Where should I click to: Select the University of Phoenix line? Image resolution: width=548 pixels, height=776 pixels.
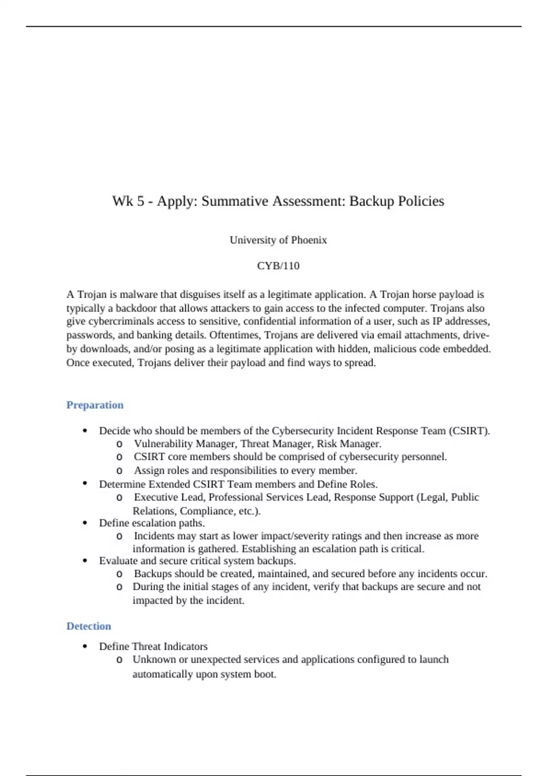point(278,240)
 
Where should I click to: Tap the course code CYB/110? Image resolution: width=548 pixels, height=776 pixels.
point(278,266)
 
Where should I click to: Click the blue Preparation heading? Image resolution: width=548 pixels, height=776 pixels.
point(95,405)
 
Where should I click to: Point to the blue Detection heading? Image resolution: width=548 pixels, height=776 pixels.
point(89,626)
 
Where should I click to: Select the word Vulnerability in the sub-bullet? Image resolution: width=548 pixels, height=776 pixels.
point(163,444)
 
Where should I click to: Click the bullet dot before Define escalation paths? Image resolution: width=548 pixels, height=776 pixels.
point(85,523)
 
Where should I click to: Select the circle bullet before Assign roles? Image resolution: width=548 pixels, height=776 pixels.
point(120,471)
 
